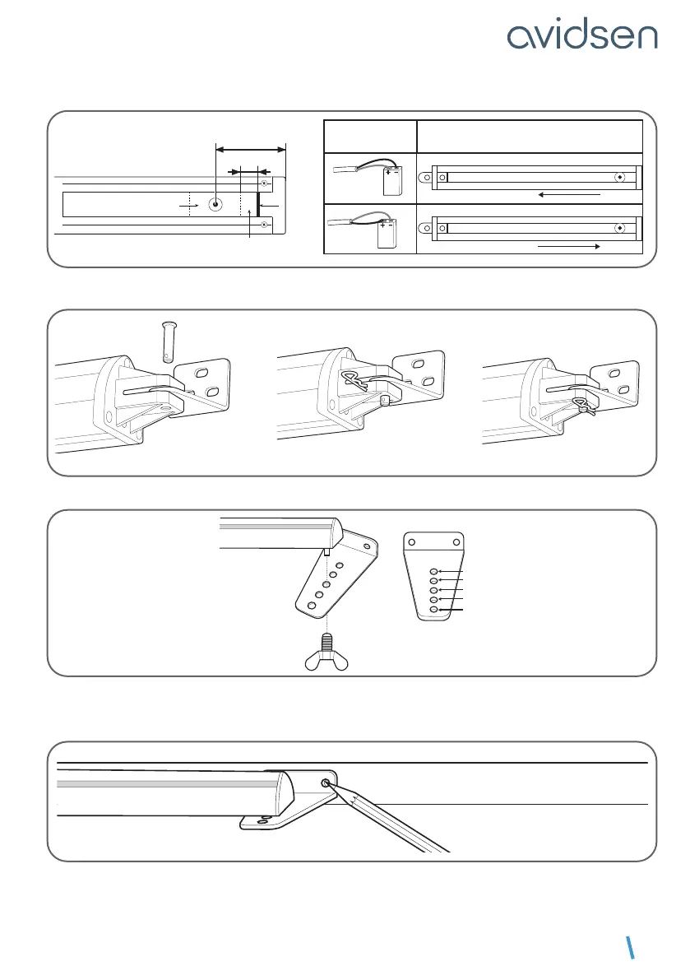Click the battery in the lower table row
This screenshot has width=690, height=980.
386,235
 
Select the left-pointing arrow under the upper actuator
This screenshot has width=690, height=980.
568,195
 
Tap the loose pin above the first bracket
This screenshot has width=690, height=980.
167,342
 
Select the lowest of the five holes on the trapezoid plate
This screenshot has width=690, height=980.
433,610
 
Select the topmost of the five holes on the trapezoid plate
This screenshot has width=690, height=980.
433,571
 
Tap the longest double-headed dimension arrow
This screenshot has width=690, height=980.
251,149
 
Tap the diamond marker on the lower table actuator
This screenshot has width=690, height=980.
619,225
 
